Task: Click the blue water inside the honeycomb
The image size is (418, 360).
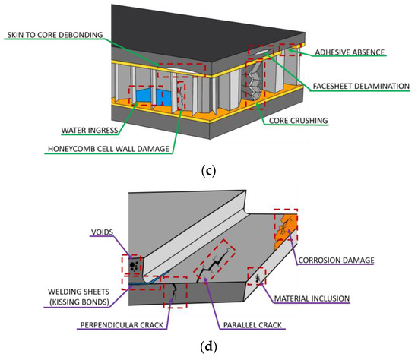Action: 155,97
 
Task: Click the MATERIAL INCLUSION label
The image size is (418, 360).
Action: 311,298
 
